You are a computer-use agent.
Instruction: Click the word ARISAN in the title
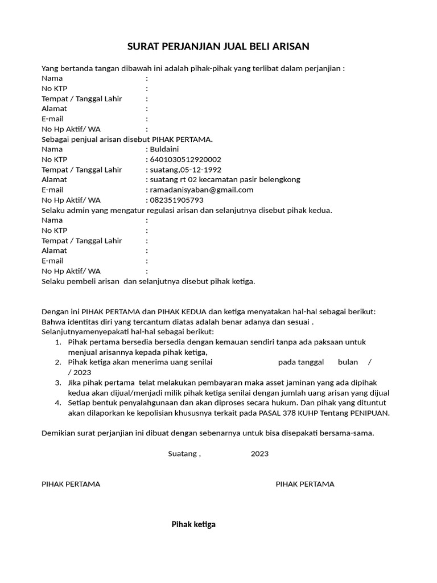tap(289, 46)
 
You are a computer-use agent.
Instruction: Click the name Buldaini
tap(164, 149)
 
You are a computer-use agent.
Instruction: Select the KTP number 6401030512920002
tap(185, 159)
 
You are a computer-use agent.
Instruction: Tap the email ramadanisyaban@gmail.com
tap(201, 190)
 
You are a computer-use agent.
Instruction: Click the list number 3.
tap(58, 383)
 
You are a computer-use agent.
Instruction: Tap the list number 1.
tap(58, 342)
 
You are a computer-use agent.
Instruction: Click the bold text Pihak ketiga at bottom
tap(193, 524)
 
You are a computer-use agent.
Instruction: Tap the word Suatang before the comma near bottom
tap(182, 454)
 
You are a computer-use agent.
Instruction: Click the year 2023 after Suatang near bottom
tap(259, 454)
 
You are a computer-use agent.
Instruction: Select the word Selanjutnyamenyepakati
tap(84, 331)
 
